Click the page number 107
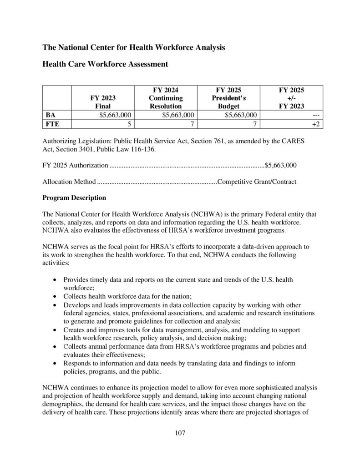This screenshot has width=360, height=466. (x=180, y=433)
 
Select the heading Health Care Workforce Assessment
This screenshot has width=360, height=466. (x=105, y=64)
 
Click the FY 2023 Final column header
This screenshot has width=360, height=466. (x=103, y=102)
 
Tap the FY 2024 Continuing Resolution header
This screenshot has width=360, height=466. (x=166, y=98)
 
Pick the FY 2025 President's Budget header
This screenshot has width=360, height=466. (x=228, y=98)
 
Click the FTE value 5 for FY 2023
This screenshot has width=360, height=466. (x=130, y=124)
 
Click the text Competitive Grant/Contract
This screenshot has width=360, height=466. (x=257, y=182)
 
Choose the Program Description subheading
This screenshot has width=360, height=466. (x=74, y=198)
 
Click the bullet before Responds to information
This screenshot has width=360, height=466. (x=55, y=363)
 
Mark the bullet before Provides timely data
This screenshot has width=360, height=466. (x=55, y=279)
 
